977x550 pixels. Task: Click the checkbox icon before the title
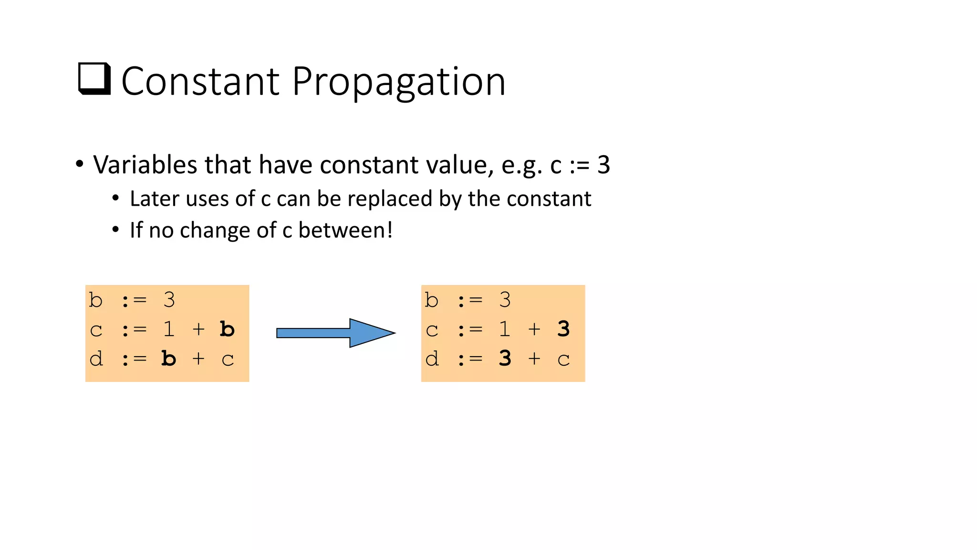coord(94,79)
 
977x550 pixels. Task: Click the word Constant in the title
coord(200,82)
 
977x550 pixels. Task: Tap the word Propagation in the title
coord(398,82)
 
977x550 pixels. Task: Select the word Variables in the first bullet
coord(145,165)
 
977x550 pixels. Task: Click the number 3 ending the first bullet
coord(603,165)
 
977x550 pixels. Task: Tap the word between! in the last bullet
coord(345,230)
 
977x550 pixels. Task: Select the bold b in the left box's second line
coord(227,329)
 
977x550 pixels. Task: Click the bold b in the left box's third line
coord(168,359)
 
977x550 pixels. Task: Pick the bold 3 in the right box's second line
coord(563,329)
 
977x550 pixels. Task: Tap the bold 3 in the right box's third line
coord(505,359)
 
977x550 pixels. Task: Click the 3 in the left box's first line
coord(169,300)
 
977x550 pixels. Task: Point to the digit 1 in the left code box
coord(169,329)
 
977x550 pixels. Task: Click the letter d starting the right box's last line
coord(432,359)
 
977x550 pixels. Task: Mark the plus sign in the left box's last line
coord(198,359)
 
